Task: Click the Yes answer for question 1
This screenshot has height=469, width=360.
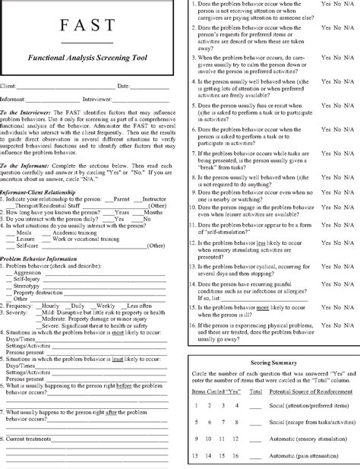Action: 327,5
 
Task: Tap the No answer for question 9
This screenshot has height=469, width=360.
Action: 338,193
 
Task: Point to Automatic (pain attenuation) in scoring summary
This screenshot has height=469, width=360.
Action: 298,455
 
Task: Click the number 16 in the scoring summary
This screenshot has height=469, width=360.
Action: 240,455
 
